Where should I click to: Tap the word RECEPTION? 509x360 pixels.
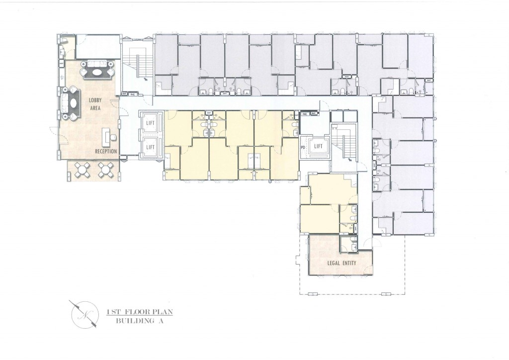click(x=106, y=151)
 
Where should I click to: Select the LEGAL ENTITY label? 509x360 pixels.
click(x=341, y=263)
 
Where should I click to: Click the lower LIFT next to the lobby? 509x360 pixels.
click(x=150, y=147)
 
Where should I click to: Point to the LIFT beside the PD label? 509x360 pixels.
click(x=318, y=146)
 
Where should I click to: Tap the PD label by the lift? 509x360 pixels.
click(x=303, y=147)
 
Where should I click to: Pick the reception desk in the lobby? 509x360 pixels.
click(x=105, y=135)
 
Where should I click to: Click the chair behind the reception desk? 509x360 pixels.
click(x=113, y=137)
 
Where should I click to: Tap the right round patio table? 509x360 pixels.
click(x=105, y=170)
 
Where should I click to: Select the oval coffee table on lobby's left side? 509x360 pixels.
click(x=73, y=103)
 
